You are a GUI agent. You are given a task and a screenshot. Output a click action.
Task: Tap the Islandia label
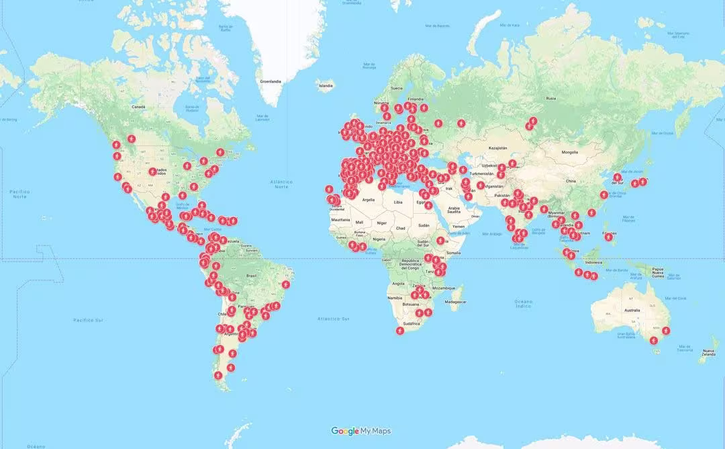(x=326, y=86)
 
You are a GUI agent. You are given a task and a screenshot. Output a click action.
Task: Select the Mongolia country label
(x=569, y=152)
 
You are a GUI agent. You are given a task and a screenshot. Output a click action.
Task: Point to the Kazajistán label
(x=497, y=147)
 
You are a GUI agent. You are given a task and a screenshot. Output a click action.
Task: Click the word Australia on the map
(x=632, y=311)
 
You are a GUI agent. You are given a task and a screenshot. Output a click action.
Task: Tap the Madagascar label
(x=454, y=302)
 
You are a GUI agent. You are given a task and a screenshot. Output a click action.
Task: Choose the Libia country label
(x=398, y=202)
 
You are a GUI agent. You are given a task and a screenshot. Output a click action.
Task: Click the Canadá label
(x=138, y=107)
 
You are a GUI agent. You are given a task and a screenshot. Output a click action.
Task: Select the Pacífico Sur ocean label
(x=87, y=320)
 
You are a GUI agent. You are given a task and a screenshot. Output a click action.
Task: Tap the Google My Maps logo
(x=361, y=431)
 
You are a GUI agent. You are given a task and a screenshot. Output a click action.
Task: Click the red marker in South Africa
(x=400, y=330)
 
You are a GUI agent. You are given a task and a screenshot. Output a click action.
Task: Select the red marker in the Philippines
(x=608, y=237)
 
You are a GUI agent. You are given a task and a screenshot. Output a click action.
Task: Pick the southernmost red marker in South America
(x=219, y=375)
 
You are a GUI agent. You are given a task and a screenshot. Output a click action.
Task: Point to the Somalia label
(x=454, y=252)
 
